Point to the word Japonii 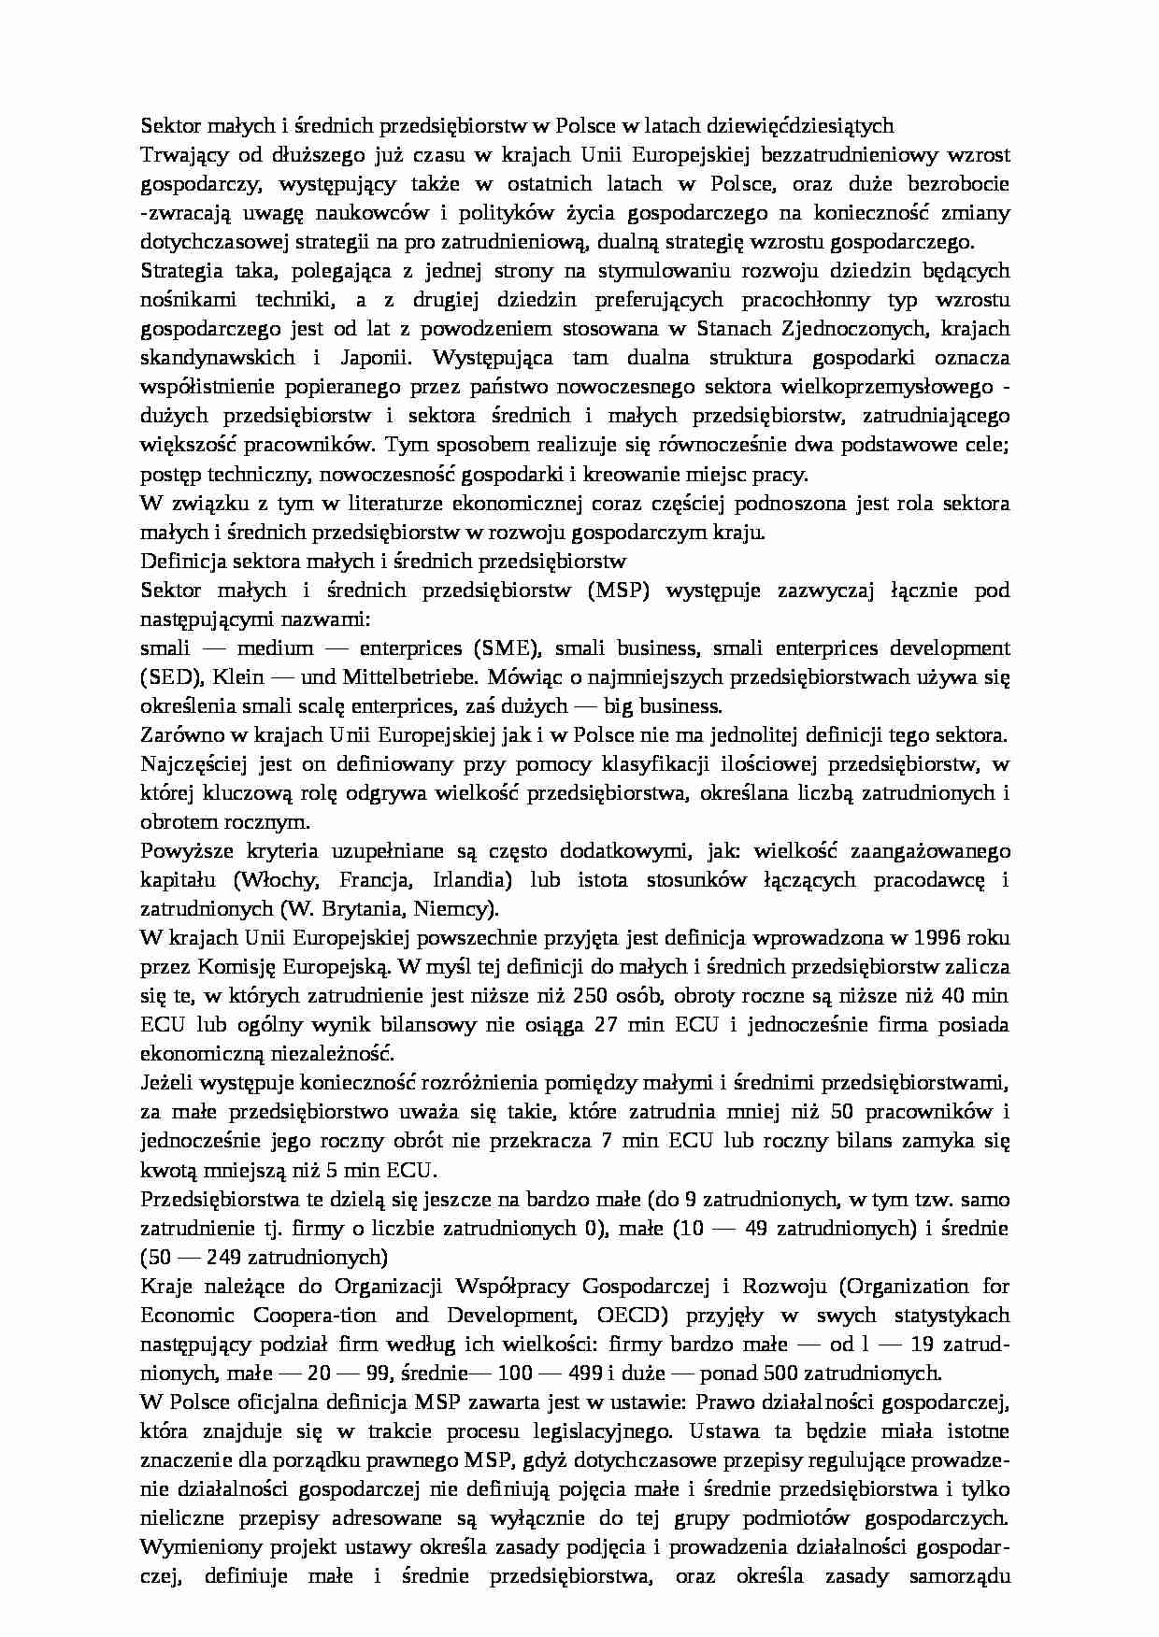(x=365, y=358)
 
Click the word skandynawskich (x=218, y=358)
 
